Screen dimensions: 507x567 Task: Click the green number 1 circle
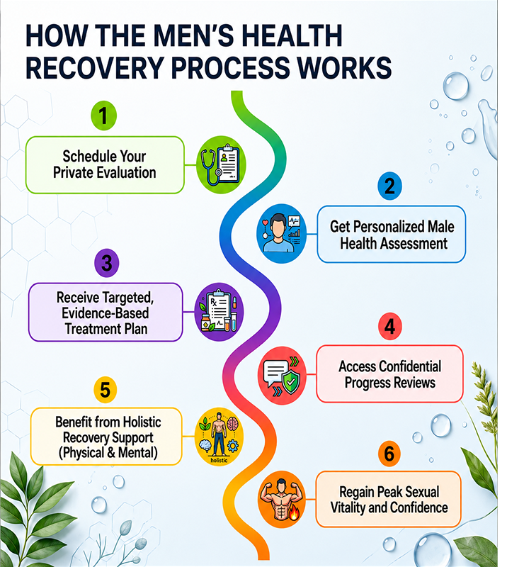pos(103,116)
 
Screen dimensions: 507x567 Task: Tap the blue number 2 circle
pos(389,186)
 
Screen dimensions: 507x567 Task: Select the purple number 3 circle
pos(107,263)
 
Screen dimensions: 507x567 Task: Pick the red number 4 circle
pos(390,327)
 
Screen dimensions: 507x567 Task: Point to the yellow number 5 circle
pos(106,390)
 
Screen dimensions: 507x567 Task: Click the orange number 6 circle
pos(389,454)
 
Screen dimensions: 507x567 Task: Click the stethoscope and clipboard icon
pos(221,164)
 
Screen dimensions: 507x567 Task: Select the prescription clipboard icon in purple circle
pos(219,312)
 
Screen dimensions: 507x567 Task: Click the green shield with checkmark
pos(291,381)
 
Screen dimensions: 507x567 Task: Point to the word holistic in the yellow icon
pos(219,460)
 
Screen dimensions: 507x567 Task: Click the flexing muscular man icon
pos(281,499)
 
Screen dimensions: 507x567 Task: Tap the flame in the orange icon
pos(293,512)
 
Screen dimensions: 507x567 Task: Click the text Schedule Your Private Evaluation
pos(105,164)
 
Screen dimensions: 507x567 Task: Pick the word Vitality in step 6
pos(347,507)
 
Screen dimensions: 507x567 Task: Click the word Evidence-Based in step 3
pos(106,313)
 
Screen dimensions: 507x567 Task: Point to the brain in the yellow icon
pos(232,423)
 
